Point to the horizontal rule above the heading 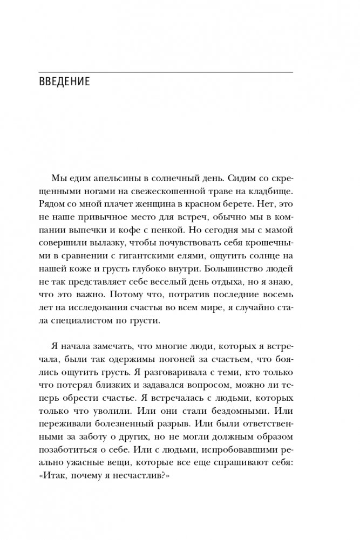166,72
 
